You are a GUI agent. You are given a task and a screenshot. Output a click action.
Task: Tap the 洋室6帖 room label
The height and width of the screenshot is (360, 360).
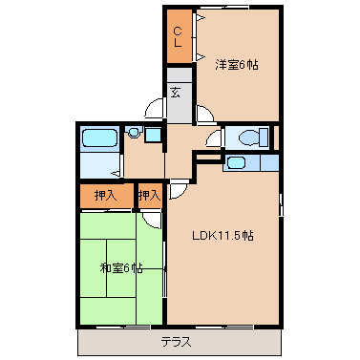pyautogui.click(x=237, y=65)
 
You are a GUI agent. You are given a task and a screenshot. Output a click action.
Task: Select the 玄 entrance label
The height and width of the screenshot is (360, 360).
pyautogui.click(x=177, y=93)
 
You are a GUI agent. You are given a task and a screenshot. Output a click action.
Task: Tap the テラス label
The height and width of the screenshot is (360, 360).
pyautogui.click(x=177, y=341)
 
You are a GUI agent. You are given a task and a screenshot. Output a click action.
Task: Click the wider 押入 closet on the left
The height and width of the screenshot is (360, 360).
pyautogui.click(x=106, y=195)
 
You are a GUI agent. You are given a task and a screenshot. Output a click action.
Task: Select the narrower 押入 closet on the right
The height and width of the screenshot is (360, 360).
pyautogui.click(x=148, y=195)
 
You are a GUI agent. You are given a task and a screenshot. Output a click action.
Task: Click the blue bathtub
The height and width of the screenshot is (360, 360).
pyautogui.click(x=99, y=138)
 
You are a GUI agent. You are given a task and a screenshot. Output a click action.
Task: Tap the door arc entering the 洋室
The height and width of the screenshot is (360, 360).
pyautogui.click(x=203, y=115)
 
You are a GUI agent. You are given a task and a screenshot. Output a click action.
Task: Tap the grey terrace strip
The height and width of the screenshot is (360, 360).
pyautogui.click(x=105, y=341)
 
